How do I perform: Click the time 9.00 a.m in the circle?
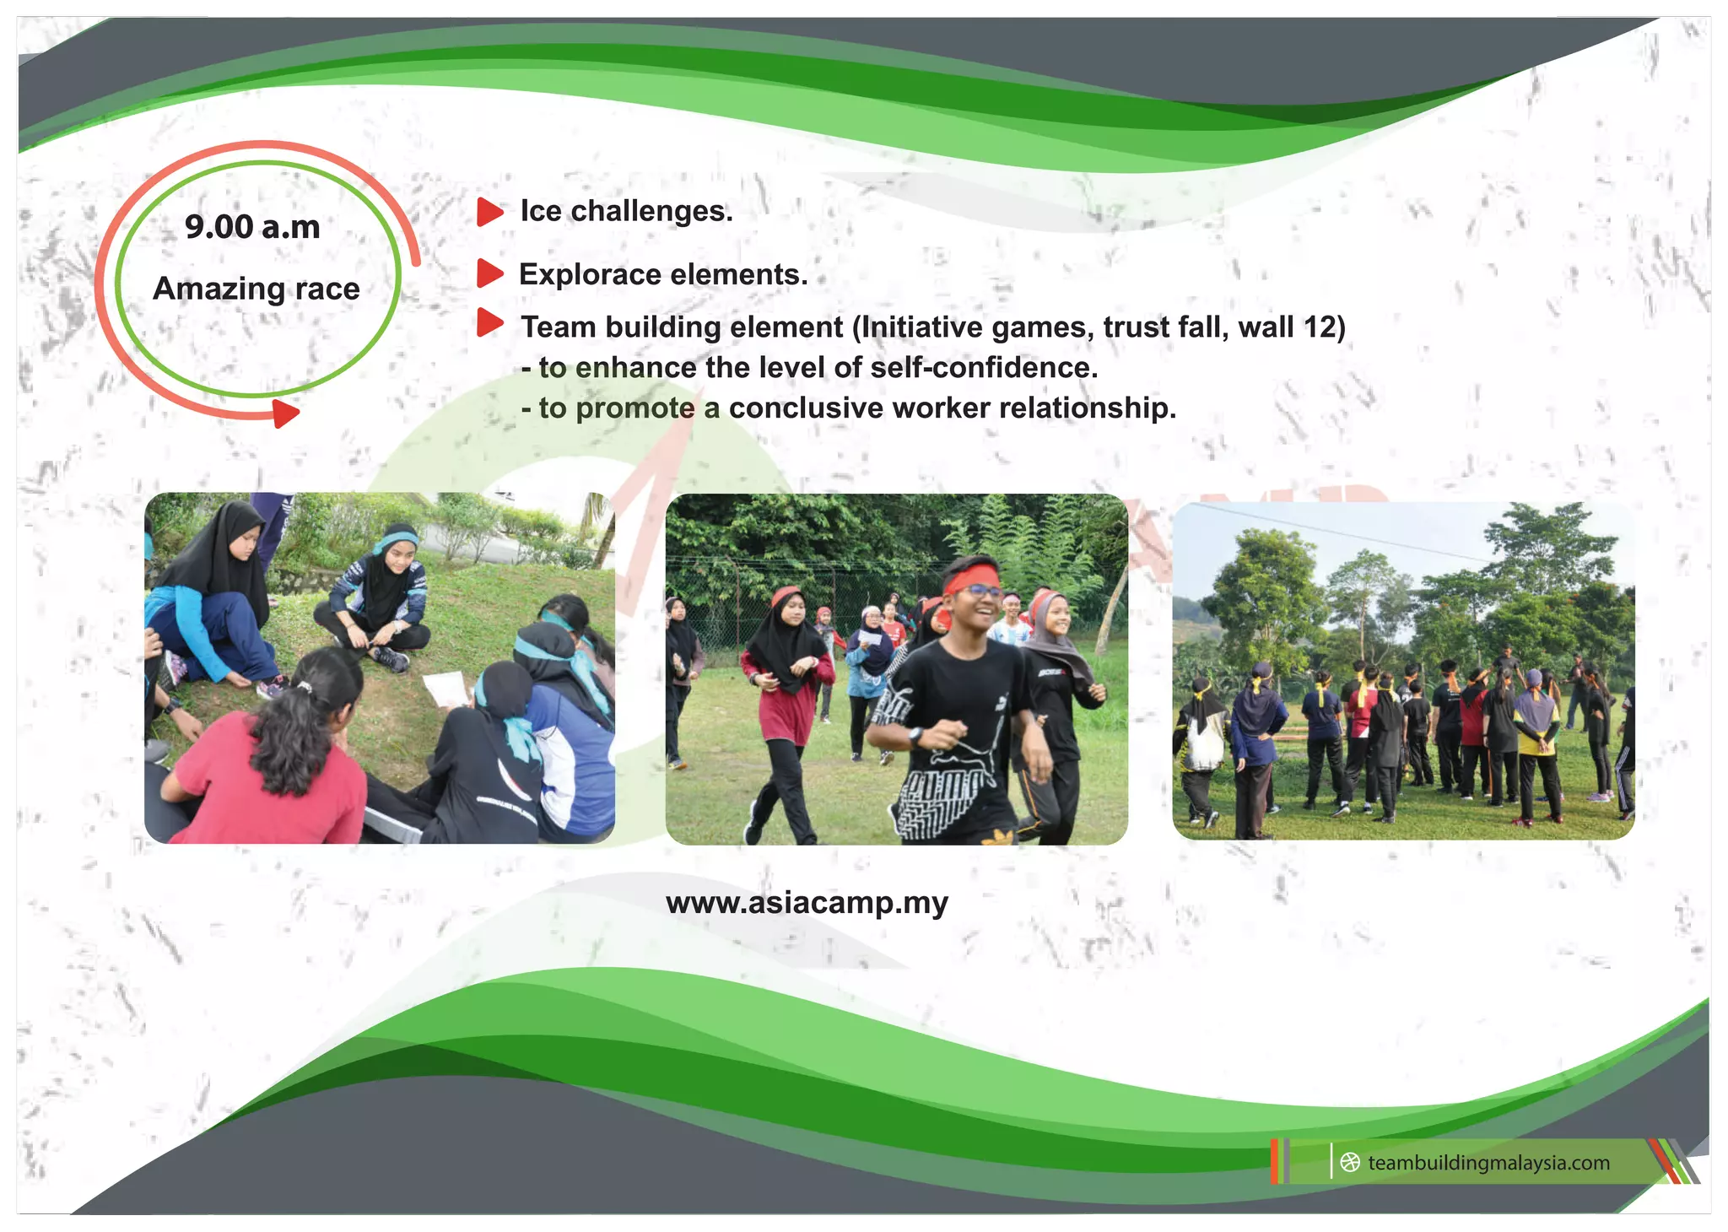point(252,227)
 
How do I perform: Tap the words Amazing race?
point(256,289)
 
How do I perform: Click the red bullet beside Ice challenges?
point(489,212)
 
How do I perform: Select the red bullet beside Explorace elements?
point(489,273)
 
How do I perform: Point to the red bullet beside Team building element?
point(489,322)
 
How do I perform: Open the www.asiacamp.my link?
point(807,903)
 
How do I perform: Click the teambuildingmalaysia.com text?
point(1488,1163)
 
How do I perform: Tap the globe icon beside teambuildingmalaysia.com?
point(1350,1163)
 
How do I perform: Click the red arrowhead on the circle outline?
point(285,413)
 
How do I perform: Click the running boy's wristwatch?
point(916,737)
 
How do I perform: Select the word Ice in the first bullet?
point(541,211)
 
